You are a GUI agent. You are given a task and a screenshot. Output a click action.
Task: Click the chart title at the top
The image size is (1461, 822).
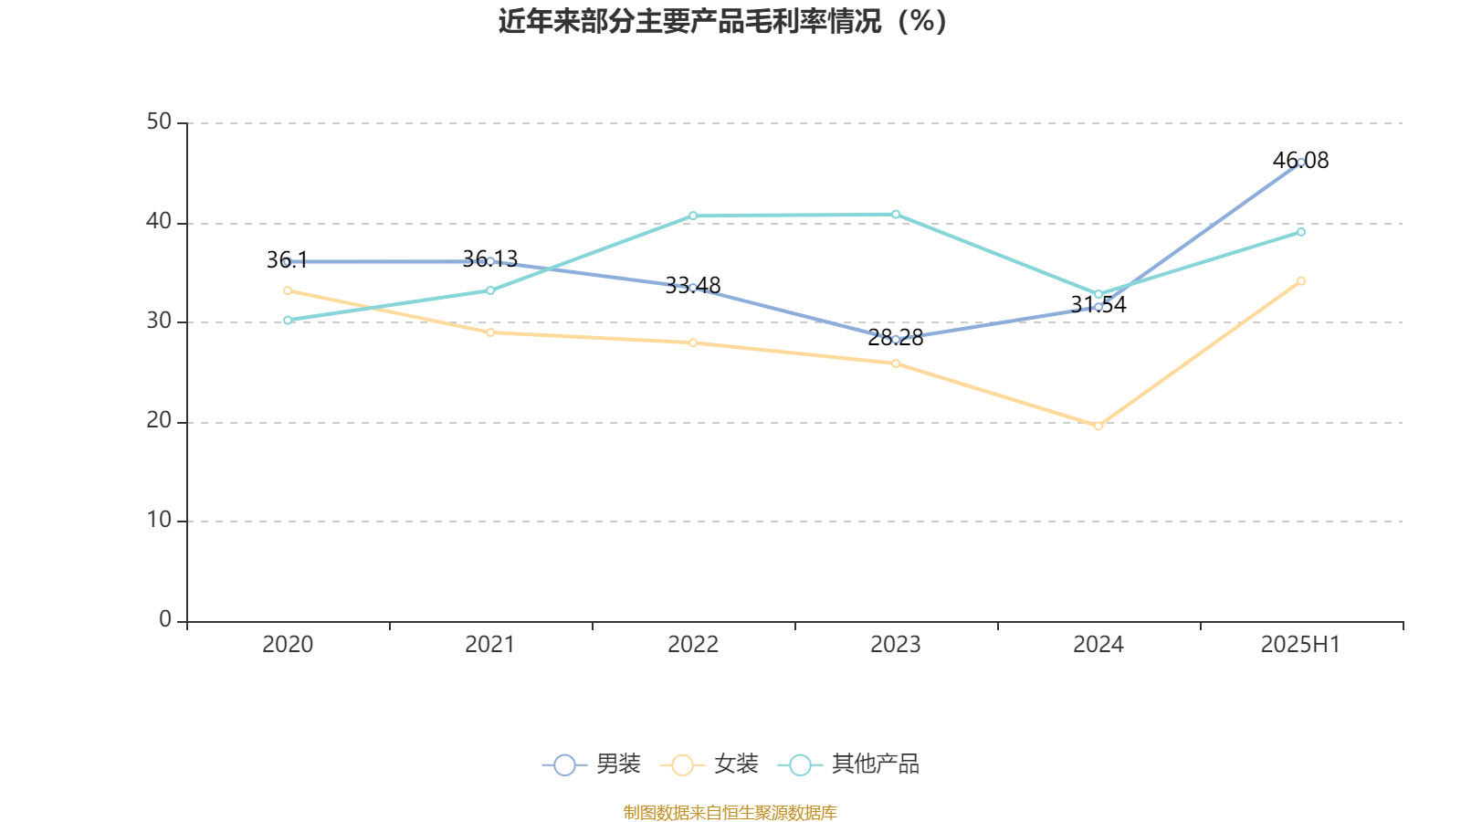point(722,21)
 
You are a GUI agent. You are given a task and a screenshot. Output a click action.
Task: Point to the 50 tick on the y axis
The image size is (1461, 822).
point(159,122)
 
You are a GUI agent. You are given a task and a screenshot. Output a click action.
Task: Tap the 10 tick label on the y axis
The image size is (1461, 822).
point(159,521)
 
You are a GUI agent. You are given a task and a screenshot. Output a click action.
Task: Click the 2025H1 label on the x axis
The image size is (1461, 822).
point(1299,645)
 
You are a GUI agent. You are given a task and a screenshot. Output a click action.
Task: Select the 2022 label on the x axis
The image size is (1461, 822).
point(693,645)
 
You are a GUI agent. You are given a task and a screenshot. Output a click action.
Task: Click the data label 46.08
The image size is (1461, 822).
point(1300,161)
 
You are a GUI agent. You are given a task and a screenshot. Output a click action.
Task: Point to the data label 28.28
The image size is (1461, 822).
point(895,338)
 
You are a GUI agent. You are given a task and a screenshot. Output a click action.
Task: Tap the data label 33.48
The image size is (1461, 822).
point(692,286)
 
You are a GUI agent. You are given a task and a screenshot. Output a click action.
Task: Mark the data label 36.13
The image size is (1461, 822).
point(489,259)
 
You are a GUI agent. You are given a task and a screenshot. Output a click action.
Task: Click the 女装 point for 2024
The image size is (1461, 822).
point(1098,426)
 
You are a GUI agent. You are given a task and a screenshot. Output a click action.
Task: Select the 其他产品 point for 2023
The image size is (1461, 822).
point(896,215)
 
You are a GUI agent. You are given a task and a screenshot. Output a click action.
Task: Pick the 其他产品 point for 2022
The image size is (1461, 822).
point(693,216)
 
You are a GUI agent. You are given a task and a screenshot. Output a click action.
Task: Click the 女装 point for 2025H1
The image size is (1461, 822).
point(1301,281)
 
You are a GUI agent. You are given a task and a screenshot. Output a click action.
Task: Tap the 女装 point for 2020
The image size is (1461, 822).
point(288,290)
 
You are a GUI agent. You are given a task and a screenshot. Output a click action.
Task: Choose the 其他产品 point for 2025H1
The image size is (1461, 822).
point(1301,232)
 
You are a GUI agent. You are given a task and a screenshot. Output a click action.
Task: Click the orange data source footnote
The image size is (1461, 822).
point(730,812)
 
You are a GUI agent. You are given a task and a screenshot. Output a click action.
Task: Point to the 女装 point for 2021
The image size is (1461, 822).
point(490,332)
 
